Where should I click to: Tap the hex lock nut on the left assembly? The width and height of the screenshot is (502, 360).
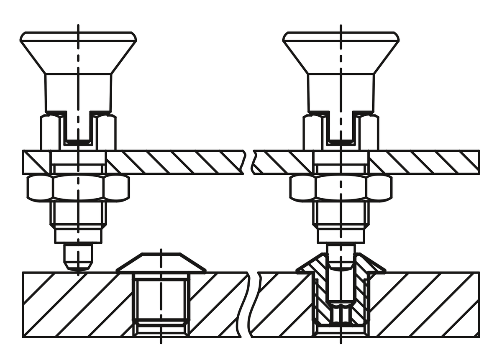pos(78,187)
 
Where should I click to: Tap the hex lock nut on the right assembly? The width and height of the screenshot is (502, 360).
pos(341,187)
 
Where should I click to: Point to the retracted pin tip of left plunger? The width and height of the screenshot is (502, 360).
pos(78,257)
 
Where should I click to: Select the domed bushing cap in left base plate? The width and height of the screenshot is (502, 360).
pos(161,263)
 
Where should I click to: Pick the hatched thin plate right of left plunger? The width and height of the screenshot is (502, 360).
pos(176,162)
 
